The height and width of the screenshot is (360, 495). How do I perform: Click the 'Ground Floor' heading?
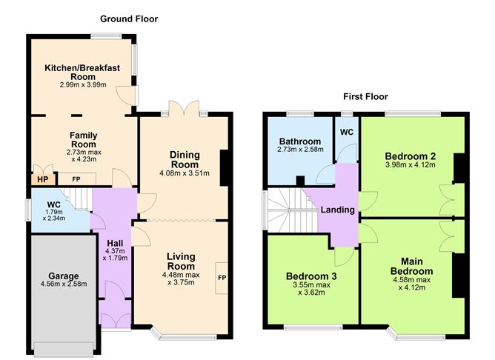tap(129, 19)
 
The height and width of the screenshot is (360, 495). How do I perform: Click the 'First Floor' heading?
tap(365, 96)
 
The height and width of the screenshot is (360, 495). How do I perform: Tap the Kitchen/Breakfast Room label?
tap(82, 72)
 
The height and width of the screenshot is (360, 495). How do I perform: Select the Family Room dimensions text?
tap(83, 153)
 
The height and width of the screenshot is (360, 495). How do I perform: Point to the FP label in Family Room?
tap(76, 179)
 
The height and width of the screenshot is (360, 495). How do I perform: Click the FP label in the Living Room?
tap(222, 278)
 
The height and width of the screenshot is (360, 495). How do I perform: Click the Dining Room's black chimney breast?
tap(225, 163)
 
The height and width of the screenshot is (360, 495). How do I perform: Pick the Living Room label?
tap(180, 261)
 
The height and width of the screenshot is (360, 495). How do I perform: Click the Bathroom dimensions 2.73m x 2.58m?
tap(300, 150)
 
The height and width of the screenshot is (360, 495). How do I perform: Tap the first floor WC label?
tap(347, 131)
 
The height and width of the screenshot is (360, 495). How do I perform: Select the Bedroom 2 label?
tap(411, 156)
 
